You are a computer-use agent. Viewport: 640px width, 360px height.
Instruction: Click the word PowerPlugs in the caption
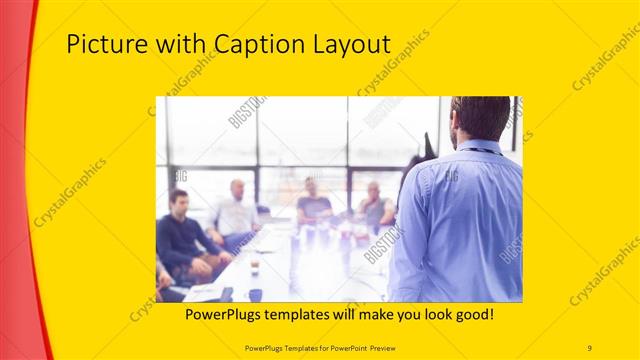coord(227,314)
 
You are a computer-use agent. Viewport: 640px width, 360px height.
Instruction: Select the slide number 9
coord(590,347)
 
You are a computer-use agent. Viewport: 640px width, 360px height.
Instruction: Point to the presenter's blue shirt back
coord(460,220)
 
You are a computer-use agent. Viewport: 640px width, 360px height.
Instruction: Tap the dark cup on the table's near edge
coord(256,295)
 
